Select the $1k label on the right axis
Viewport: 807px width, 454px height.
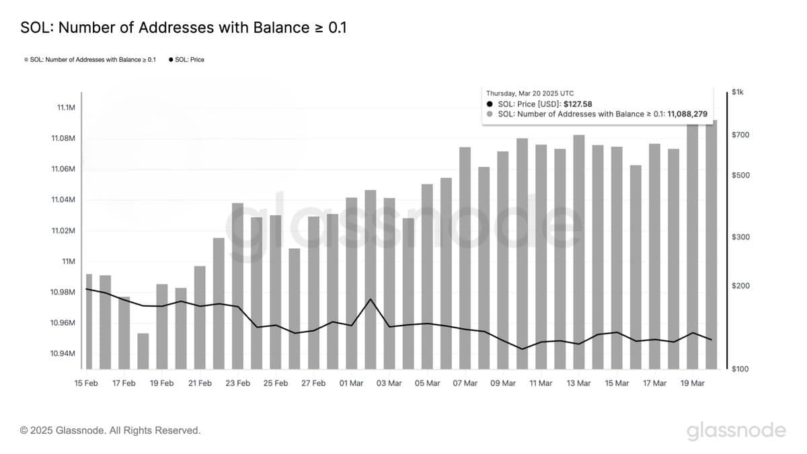(x=737, y=92)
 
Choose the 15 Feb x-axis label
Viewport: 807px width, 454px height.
(x=86, y=383)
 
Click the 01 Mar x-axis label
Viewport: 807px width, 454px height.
(x=351, y=383)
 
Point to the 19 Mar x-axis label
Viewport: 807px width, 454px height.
(x=692, y=383)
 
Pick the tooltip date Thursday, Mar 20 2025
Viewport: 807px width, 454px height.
(x=530, y=93)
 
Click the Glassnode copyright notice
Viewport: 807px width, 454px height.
(x=110, y=430)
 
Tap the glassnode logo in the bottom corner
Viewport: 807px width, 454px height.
(x=736, y=430)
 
